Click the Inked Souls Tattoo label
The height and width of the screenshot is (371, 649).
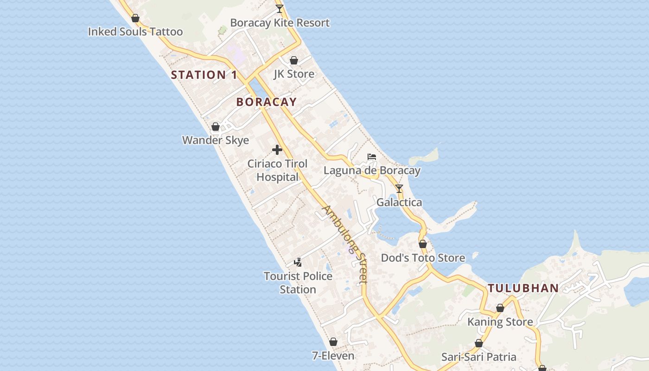pyautogui.click(x=135, y=32)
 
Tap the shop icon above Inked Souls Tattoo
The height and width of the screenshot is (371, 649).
pyautogui.click(x=135, y=18)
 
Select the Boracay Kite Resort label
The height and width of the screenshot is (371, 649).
pyautogui.click(x=280, y=23)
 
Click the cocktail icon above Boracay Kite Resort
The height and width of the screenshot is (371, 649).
pyautogui.click(x=279, y=8)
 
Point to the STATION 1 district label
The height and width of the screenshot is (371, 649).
pyautogui.click(x=204, y=75)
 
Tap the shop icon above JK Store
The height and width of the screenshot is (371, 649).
pyautogui.click(x=293, y=60)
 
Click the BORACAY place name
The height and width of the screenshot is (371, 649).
pyautogui.click(x=266, y=102)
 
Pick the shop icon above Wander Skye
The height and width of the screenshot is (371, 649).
pyautogui.click(x=216, y=127)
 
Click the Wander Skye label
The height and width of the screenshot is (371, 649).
pyautogui.click(x=216, y=140)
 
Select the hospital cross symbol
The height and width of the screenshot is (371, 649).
pyautogui.click(x=277, y=150)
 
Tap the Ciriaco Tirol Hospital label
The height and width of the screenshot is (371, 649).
pyautogui.click(x=277, y=170)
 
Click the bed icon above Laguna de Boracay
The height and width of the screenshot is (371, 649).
pyautogui.click(x=372, y=157)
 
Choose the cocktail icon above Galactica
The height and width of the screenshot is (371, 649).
pyautogui.click(x=399, y=189)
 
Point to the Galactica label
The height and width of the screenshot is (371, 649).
pyautogui.click(x=399, y=202)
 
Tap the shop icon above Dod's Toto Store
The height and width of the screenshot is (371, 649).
pyautogui.click(x=423, y=244)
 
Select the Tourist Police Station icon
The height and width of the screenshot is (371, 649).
pyautogui.click(x=298, y=262)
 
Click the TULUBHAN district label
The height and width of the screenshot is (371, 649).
pyautogui.click(x=523, y=288)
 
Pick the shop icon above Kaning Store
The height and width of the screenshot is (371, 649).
pyautogui.click(x=500, y=308)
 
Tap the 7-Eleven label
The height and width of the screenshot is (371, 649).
pyautogui.click(x=333, y=356)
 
